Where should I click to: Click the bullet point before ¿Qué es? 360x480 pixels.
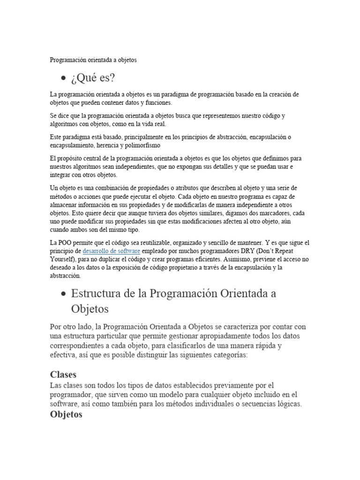[x=63, y=78]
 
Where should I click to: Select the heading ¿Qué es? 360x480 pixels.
[x=93, y=77]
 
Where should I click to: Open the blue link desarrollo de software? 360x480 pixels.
[x=111, y=251]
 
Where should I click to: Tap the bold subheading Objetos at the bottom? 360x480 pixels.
[x=66, y=414]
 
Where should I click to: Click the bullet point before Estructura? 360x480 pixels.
[x=63, y=294]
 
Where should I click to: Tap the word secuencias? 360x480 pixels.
[x=252, y=404]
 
